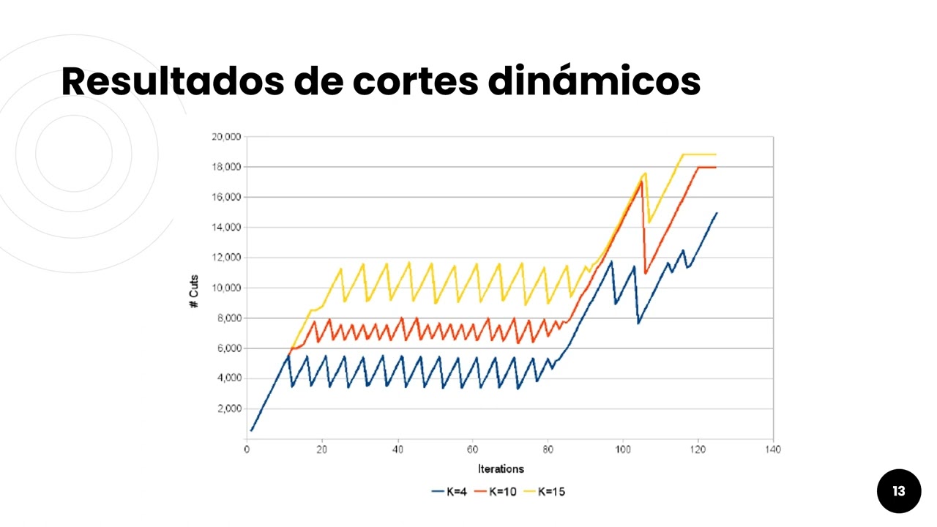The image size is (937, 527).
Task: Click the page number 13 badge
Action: pyautogui.click(x=898, y=491)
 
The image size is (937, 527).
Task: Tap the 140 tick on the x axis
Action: pyautogui.click(x=772, y=449)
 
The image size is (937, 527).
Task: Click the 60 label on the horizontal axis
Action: pyautogui.click(x=473, y=449)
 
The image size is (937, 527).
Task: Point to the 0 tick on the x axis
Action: pyautogui.click(x=247, y=449)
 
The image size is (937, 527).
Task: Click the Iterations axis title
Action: pyautogui.click(x=501, y=469)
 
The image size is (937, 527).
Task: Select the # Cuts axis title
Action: pyautogui.click(x=194, y=291)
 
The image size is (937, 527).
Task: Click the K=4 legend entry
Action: pyautogui.click(x=449, y=492)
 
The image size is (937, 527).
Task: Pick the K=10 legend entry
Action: pyautogui.click(x=496, y=492)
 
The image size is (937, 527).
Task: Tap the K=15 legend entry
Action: pyautogui.click(x=545, y=492)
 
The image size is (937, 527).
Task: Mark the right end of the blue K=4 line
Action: pyautogui.click(x=717, y=213)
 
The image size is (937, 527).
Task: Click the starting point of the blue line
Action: pyautogui.click(x=251, y=430)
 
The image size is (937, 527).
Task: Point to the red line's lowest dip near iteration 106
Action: pyautogui.click(x=645, y=274)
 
